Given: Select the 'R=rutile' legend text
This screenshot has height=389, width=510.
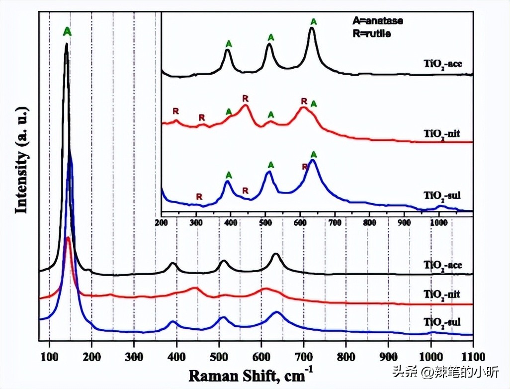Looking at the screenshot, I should (371, 34).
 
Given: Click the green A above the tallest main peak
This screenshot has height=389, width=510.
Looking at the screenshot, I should (68, 32).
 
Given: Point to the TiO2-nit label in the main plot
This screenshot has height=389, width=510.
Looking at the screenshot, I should (442, 293).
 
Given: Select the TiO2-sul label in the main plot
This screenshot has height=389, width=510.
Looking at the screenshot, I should (442, 322).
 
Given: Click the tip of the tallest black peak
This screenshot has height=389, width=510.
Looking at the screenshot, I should (66, 44).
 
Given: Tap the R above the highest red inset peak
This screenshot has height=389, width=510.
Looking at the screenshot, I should (245, 98).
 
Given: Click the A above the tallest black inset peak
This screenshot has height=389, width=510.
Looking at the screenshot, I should (313, 21).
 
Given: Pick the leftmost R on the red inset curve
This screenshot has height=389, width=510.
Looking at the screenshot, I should (175, 110).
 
